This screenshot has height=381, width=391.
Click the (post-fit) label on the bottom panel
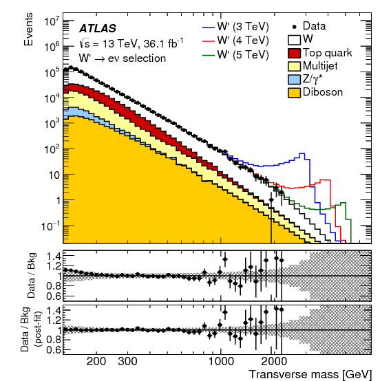click(x=41, y=330)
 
